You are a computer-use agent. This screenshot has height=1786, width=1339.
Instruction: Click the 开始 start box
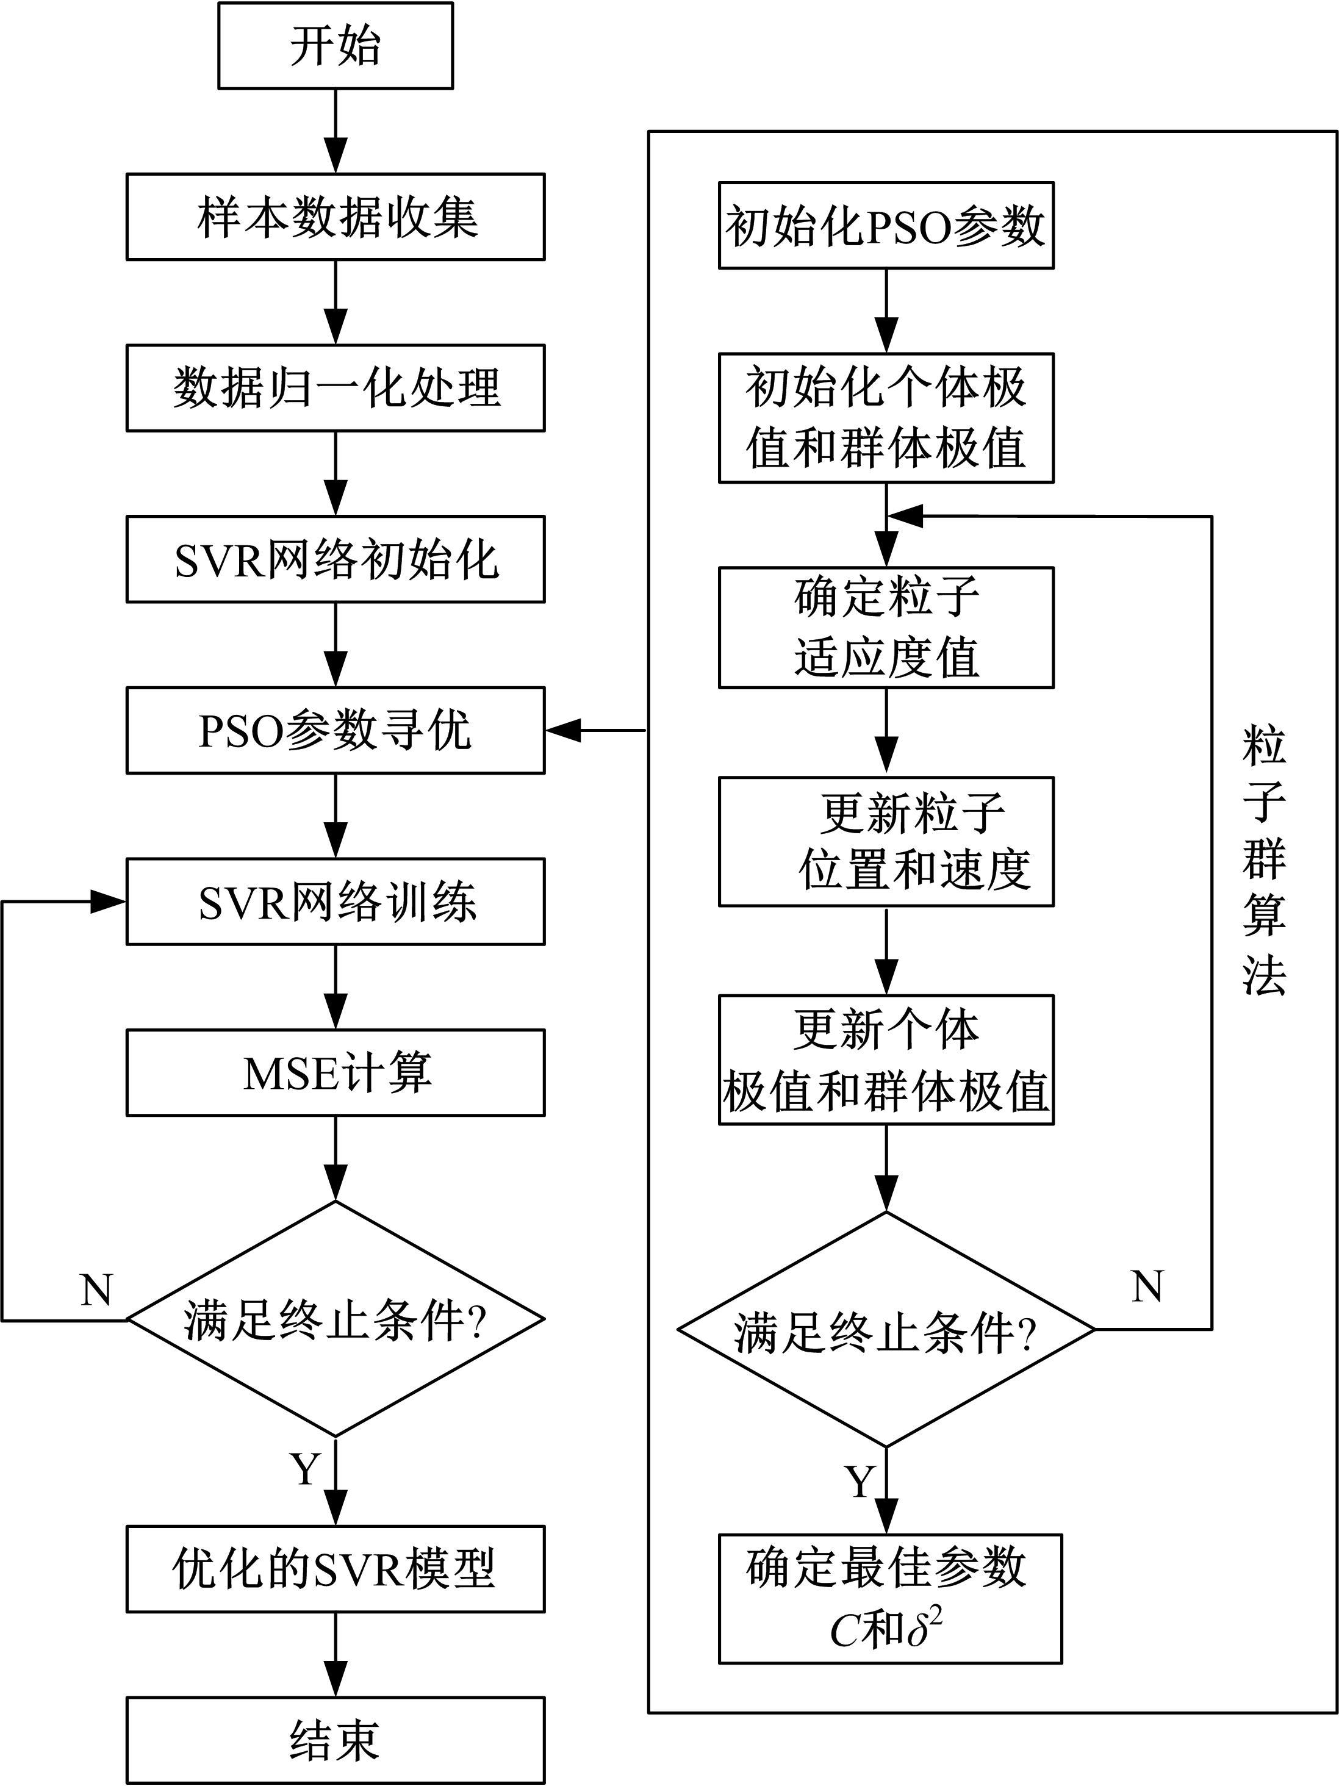(x=335, y=46)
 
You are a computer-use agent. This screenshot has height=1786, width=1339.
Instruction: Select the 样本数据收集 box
(x=335, y=217)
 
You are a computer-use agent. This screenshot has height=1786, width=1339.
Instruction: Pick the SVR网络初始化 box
(x=335, y=559)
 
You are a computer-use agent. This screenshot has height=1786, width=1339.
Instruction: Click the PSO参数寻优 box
(x=335, y=731)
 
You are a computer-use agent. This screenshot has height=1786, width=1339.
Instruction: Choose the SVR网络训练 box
(x=335, y=902)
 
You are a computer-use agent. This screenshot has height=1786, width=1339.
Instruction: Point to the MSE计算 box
(x=335, y=1073)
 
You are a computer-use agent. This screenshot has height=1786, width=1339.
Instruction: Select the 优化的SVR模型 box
(x=335, y=1569)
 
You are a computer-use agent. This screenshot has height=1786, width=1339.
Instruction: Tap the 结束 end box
(x=335, y=1741)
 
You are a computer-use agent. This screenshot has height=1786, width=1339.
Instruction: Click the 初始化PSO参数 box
(x=886, y=225)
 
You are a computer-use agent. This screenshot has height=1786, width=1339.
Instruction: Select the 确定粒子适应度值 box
(x=886, y=628)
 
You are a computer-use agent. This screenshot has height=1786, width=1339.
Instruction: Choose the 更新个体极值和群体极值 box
(x=886, y=1060)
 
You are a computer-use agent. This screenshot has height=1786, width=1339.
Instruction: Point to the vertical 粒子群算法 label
(x=1264, y=861)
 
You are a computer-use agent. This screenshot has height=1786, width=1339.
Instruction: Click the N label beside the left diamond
(x=97, y=1290)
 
